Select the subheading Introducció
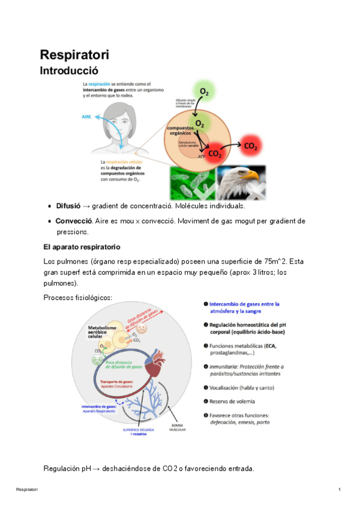pyautogui.click(x=68, y=71)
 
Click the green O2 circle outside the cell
pyautogui.click(x=205, y=92)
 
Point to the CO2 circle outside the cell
pyautogui.click(x=251, y=145)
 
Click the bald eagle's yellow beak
pyautogui.click(x=254, y=176)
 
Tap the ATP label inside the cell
pyautogui.click(x=202, y=155)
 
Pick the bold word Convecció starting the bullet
pyautogui.click(x=73, y=221)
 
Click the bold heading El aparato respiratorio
pyautogui.click(x=82, y=247)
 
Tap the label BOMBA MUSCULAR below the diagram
pyautogui.click(x=178, y=429)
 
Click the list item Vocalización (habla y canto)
pyautogui.click(x=247, y=387)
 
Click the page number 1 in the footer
pyautogui.click(x=339, y=490)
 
